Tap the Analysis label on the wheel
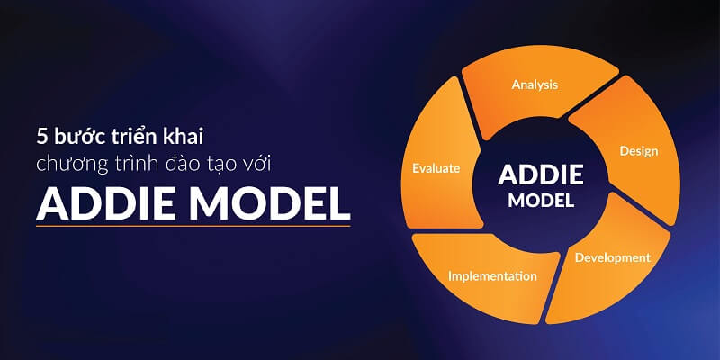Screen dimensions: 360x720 [x=535, y=85]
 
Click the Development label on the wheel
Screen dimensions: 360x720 [x=612, y=257]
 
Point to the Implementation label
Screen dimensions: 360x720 [x=492, y=275]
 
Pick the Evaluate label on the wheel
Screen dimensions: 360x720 [x=436, y=167]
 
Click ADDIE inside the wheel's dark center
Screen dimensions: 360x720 [x=540, y=173]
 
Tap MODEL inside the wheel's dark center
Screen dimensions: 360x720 [x=540, y=201]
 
